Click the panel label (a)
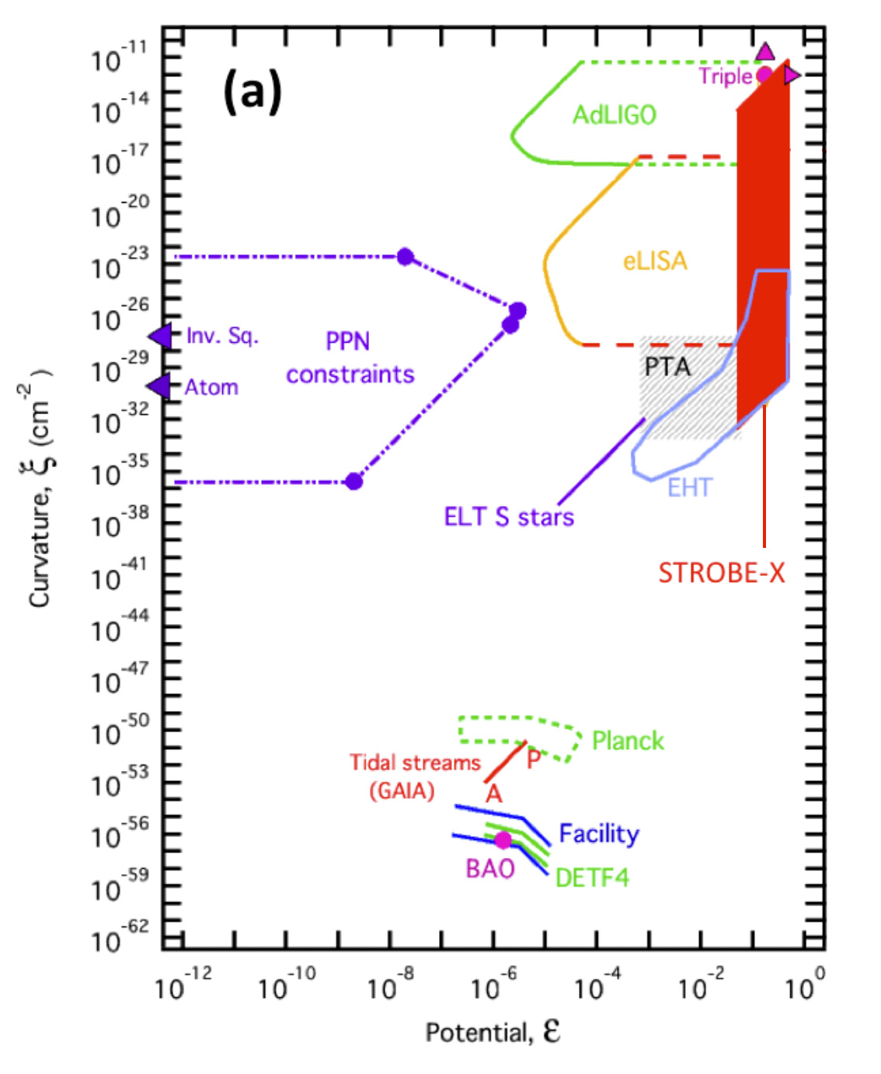(x=252, y=91)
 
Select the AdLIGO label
(x=614, y=115)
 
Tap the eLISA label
(x=655, y=260)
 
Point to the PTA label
(x=667, y=366)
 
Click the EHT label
(x=689, y=487)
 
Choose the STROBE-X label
(x=721, y=573)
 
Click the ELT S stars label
(x=509, y=517)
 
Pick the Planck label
(x=628, y=741)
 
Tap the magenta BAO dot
(x=503, y=840)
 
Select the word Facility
(x=599, y=833)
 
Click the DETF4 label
(x=592, y=877)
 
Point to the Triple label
(x=725, y=76)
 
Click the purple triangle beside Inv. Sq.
(x=162, y=336)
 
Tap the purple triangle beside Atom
(x=158, y=386)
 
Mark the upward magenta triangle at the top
(x=765, y=52)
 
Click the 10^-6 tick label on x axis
(x=493, y=985)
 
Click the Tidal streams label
(x=415, y=762)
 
